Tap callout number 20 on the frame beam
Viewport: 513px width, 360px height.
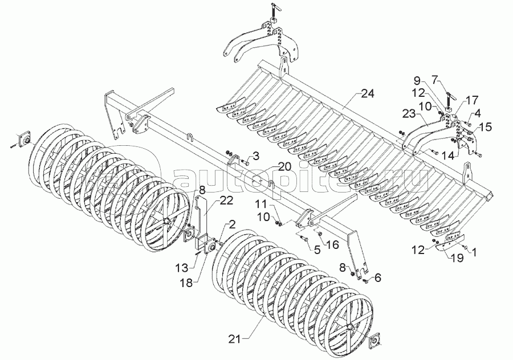pos(256,156)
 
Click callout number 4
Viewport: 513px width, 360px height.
pos(477,113)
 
